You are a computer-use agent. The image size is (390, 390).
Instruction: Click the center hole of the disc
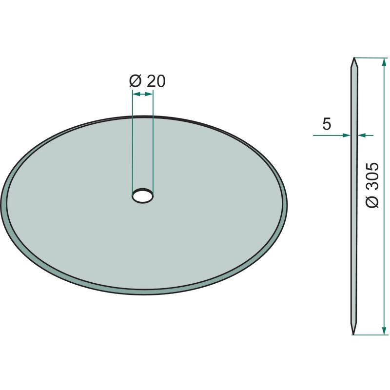tap(142, 196)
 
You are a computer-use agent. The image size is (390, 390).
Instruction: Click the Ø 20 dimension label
tap(147, 81)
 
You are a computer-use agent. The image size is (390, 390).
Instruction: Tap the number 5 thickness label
tap(327, 124)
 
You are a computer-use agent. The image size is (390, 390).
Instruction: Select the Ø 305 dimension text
tap(372, 185)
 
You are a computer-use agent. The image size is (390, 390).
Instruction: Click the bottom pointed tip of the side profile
tap(353, 334)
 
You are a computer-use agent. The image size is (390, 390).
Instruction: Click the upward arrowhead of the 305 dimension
tap(384, 62)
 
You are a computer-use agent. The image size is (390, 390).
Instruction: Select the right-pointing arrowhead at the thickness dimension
tap(347, 136)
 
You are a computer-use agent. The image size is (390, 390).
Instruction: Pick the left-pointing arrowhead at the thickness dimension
tap(361, 136)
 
